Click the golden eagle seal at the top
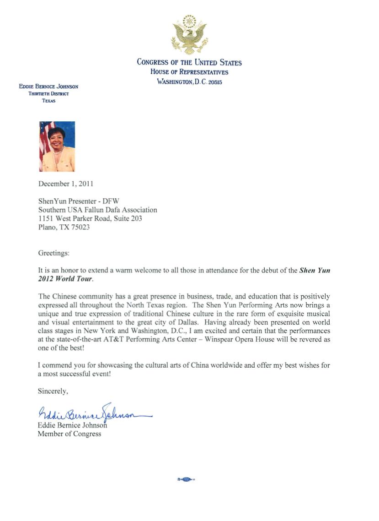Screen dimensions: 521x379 [189, 34]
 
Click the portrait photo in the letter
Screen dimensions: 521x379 [57, 147]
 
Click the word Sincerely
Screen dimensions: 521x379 [53, 391]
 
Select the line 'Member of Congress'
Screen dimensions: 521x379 [69, 434]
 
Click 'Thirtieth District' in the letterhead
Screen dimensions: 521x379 [48, 93]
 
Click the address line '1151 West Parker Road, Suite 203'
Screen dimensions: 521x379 [90, 218]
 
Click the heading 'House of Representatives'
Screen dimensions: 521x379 [189, 72]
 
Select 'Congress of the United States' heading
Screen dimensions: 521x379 [189, 62]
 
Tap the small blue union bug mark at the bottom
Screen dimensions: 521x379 [186, 480]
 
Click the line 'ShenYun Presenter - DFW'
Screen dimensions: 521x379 [79, 201]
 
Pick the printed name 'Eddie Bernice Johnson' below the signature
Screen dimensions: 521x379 [72, 425]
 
